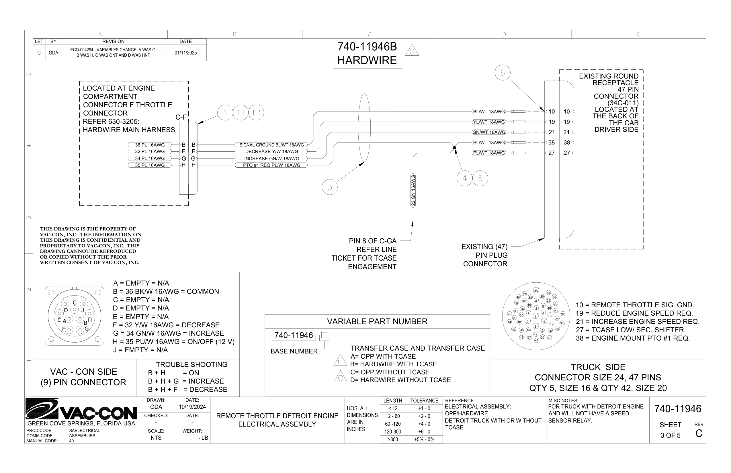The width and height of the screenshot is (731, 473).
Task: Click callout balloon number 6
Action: pos(503,73)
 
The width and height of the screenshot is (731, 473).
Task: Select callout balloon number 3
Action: pos(330,187)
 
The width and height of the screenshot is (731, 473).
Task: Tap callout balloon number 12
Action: pos(256,113)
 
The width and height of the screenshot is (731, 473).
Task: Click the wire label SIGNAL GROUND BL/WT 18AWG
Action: pos(271,145)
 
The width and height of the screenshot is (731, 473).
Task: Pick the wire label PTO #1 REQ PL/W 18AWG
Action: pos(271,165)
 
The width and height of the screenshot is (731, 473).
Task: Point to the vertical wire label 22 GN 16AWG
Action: pos(413,190)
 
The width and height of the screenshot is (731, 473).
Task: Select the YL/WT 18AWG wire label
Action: pos(489,122)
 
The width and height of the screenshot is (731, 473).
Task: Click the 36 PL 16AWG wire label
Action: pos(150,145)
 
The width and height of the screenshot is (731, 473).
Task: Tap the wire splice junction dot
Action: pos(454,148)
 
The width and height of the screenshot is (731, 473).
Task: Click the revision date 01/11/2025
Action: pos(185,53)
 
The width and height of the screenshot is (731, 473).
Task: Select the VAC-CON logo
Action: pos(81,409)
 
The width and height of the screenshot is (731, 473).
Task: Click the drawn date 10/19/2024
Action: pos(192,407)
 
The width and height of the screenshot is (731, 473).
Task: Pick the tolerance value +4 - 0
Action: pos(424,424)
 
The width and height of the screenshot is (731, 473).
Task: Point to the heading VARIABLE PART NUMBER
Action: pos(377,322)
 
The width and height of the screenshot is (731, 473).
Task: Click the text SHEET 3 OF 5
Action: pos(671,430)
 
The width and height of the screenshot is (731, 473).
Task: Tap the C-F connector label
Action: pos(181,117)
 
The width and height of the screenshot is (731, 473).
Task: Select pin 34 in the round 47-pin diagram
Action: pos(536,290)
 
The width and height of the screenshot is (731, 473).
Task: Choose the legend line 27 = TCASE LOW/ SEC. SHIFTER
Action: pos(630,330)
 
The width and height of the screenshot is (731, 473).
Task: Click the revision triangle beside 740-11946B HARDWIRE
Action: pos(412,50)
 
